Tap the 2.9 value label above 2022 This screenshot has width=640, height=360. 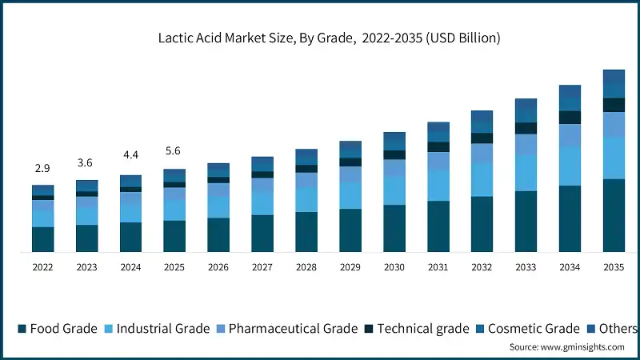click(42, 169)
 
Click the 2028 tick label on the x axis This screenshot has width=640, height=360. click(306, 267)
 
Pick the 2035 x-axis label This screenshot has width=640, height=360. click(614, 267)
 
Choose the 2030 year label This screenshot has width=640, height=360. click(394, 267)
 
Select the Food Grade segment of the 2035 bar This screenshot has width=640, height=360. click(614, 215)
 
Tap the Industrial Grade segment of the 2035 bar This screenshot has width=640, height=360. click(614, 158)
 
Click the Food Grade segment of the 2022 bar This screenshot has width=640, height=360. click(42, 239)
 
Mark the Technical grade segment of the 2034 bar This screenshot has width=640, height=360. click(570, 118)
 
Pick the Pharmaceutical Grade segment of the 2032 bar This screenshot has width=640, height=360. click(482, 153)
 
